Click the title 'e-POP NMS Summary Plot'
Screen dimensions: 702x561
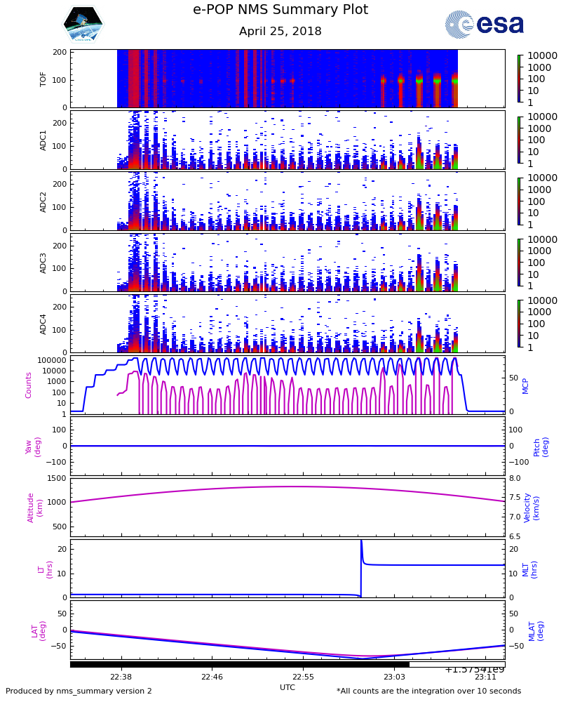[280, 10]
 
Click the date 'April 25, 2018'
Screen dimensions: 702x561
[280, 32]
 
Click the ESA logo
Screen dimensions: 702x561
[485, 25]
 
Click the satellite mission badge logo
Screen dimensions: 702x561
[83, 25]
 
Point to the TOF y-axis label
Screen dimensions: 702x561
[43, 78]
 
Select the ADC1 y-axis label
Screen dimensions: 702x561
[43, 140]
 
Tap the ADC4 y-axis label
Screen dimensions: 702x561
[43, 323]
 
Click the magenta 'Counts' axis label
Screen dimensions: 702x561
[29, 385]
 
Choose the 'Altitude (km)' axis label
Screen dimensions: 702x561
[35, 507]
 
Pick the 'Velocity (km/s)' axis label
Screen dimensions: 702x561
[532, 507]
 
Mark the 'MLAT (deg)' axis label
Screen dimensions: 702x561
[532, 630]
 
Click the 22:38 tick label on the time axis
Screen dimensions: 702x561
[121, 677]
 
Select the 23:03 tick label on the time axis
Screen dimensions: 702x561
[394, 677]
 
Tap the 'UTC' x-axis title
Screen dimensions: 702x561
[288, 687]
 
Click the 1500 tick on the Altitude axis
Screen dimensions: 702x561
[57, 478]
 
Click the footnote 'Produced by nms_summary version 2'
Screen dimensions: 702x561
[79, 691]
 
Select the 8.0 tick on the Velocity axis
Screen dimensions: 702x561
[515, 478]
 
